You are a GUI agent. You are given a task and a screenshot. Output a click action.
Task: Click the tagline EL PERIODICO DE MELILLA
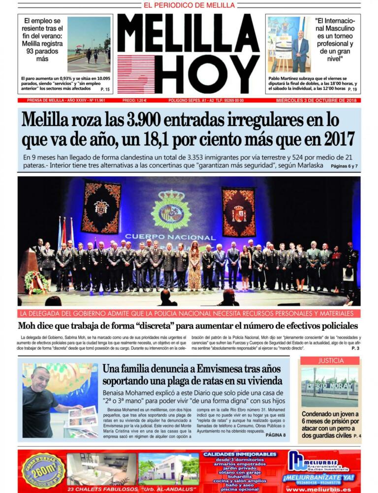coord(189,5)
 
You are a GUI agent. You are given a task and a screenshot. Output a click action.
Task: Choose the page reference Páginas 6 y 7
coord(344,166)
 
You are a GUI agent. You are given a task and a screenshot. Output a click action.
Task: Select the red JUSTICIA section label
coord(330,361)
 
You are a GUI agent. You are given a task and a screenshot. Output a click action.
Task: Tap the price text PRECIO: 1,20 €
coord(134,100)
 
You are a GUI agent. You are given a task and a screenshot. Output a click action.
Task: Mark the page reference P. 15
coord(105,89)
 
